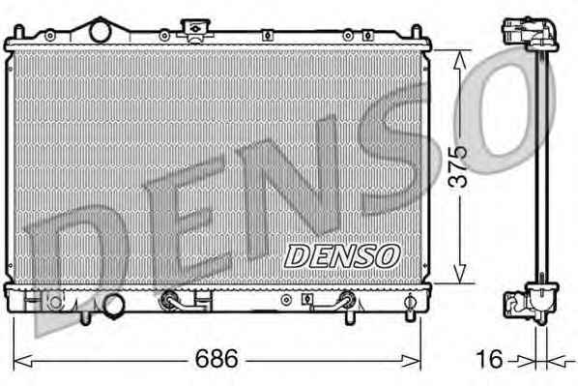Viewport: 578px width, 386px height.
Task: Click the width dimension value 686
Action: coord(217,358)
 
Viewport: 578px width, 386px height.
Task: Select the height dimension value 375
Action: coord(458,166)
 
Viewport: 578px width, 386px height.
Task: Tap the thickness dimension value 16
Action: coord(489,359)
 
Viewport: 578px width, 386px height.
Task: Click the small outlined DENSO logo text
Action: coord(342,256)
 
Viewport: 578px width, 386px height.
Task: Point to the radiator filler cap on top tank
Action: coord(194,29)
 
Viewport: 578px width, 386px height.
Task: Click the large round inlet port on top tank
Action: coord(101,32)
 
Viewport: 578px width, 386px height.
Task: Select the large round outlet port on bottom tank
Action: coord(113,306)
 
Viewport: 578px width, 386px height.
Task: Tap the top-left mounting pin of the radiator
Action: coord(18,32)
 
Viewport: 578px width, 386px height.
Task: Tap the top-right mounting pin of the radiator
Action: coord(417,32)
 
